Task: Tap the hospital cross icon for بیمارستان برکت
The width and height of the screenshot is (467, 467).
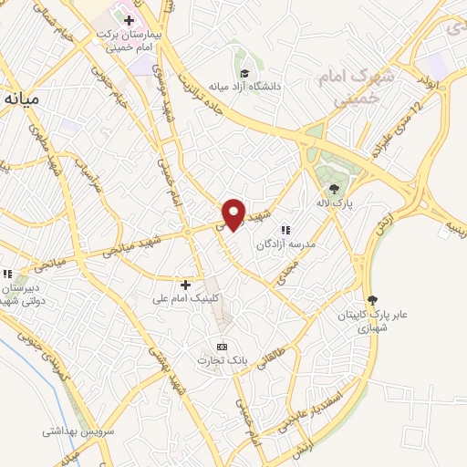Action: [130, 20]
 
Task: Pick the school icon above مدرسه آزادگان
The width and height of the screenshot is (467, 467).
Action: [285, 231]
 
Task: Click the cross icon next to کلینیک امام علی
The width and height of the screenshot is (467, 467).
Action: [186, 285]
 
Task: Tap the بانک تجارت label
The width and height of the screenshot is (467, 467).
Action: [224, 361]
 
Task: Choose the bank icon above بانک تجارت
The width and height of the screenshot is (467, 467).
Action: [222, 348]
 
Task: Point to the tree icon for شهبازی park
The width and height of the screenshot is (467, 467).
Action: [372, 300]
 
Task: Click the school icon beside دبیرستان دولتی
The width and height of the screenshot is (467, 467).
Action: [8, 273]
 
